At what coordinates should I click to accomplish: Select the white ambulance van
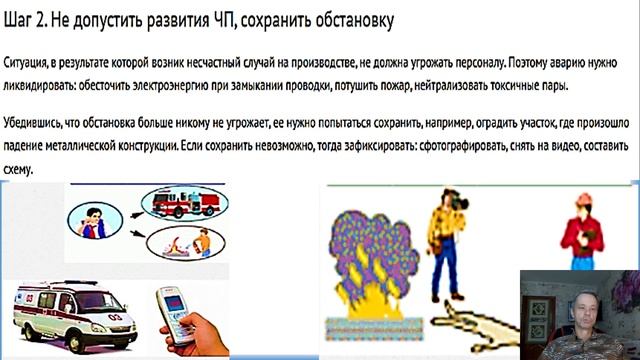pyautogui.click(x=65, y=309)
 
